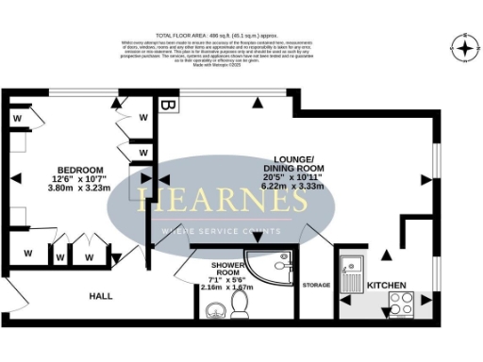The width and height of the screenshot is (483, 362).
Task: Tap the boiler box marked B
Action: point(167,105)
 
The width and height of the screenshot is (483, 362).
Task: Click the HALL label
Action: point(101,296)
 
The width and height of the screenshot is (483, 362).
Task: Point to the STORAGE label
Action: point(316,285)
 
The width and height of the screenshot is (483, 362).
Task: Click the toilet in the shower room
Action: point(240,304)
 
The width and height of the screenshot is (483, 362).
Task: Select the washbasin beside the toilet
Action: point(212,309)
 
